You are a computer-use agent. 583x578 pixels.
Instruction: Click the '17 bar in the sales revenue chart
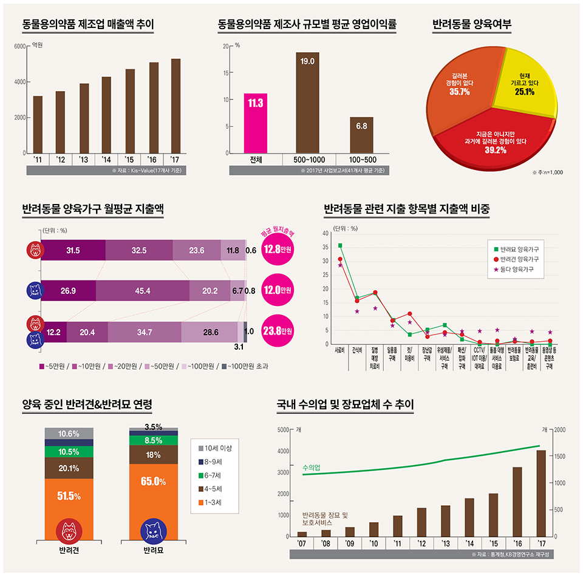(176, 106)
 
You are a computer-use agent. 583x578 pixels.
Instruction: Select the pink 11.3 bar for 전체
(256, 123)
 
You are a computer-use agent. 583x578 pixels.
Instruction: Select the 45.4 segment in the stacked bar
(143, 291)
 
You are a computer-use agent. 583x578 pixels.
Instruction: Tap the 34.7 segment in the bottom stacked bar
(145, 332)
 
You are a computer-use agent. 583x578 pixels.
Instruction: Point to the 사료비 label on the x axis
(339, 350)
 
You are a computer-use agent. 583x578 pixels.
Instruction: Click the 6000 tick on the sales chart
(18, 46)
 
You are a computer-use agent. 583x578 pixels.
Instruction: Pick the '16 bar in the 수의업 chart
(518, 501)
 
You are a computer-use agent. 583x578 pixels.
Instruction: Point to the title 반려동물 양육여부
(472, 25)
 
